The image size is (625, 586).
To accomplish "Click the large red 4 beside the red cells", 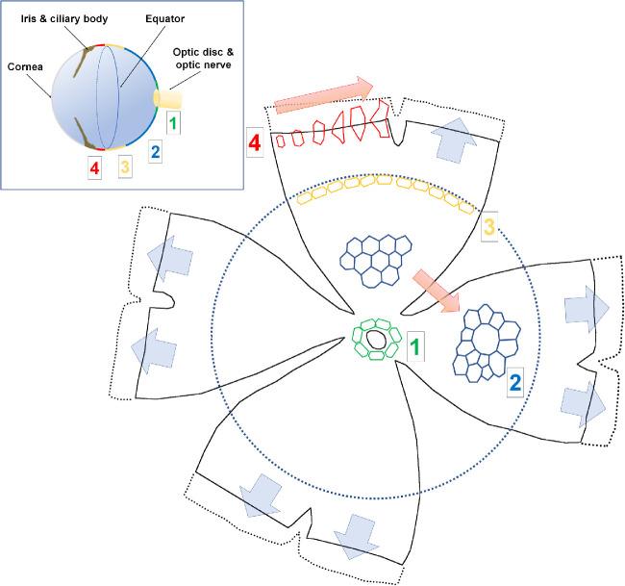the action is coord(255,142).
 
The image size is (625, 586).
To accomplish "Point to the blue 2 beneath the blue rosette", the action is coord(515,382).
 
